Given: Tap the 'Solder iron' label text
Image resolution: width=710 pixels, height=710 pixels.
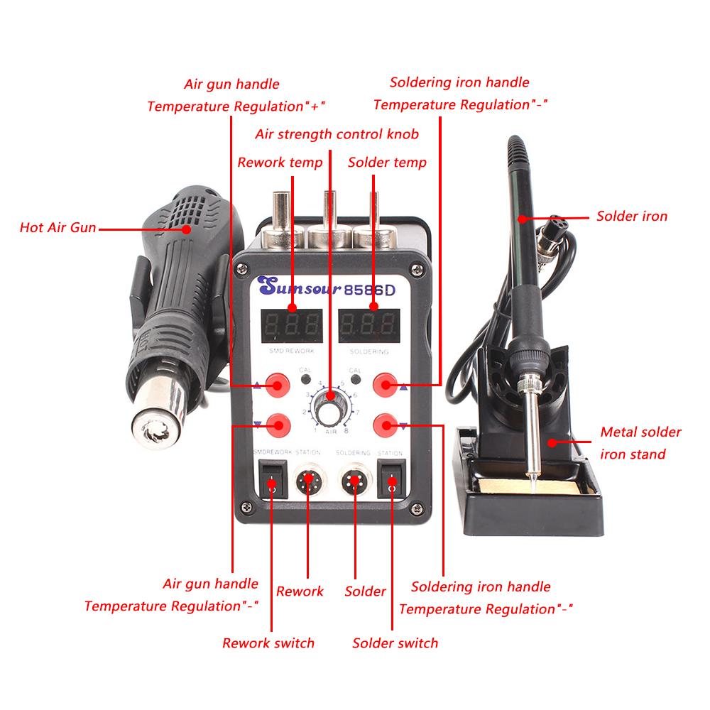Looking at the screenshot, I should click(631, 216).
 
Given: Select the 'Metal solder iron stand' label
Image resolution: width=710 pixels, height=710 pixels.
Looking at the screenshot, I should click(640, 442).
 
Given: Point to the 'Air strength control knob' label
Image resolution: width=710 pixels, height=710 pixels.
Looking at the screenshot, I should click(337, 133).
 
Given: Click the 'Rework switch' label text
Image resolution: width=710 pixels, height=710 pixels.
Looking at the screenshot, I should click(268, 643).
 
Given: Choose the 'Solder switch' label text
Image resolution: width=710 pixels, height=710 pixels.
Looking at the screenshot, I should click(395, 643).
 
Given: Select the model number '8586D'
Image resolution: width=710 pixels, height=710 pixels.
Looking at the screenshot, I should click(370, 289).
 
